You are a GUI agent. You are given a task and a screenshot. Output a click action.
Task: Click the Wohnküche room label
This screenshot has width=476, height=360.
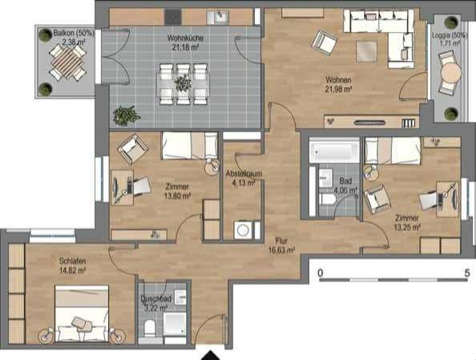185,38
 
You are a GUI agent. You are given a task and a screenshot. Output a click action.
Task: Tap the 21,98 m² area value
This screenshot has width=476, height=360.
338,89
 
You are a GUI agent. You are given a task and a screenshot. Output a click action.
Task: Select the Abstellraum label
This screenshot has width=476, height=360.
244,174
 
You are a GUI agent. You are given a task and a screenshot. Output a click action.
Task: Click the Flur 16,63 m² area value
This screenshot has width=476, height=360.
281,250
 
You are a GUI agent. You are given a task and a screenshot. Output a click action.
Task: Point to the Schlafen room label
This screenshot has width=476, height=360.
72,261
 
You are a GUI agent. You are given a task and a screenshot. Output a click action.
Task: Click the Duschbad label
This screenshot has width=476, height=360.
156,299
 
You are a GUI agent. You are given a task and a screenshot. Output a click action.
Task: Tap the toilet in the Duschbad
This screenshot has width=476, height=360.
150,328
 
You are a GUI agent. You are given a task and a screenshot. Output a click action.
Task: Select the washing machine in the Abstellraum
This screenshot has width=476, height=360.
243,230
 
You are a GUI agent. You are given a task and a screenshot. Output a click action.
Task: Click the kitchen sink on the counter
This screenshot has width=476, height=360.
219,17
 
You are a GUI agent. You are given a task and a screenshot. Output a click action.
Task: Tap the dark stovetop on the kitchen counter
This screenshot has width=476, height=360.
173,17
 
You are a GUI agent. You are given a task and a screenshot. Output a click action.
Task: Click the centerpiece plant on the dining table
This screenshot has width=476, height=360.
183,83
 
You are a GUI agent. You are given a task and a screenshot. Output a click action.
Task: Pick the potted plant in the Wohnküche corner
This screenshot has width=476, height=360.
126,115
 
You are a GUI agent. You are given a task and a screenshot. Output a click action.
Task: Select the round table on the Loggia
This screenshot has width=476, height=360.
451,73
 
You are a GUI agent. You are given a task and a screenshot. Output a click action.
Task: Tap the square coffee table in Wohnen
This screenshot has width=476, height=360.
367,51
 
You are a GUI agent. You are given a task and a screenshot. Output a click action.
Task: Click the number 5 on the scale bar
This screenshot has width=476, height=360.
467,273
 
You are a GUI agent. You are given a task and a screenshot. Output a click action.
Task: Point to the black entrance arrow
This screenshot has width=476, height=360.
210,355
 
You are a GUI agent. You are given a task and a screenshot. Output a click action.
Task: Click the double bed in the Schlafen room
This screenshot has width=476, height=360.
82,313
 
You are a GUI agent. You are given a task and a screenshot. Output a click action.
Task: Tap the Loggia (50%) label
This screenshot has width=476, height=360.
446,35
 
